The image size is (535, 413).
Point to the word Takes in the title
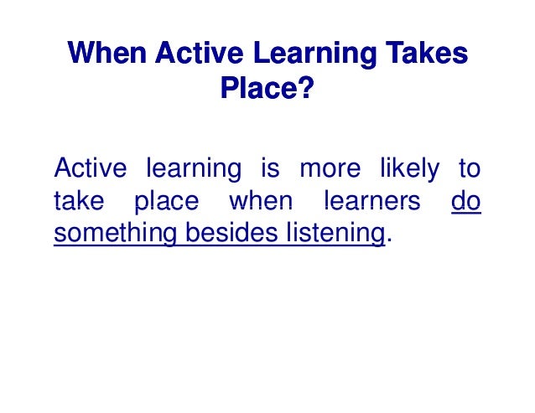point(427,54)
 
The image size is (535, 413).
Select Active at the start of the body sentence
point(91,169)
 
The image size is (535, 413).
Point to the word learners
point(367,202)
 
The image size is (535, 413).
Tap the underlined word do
point(465,202)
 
